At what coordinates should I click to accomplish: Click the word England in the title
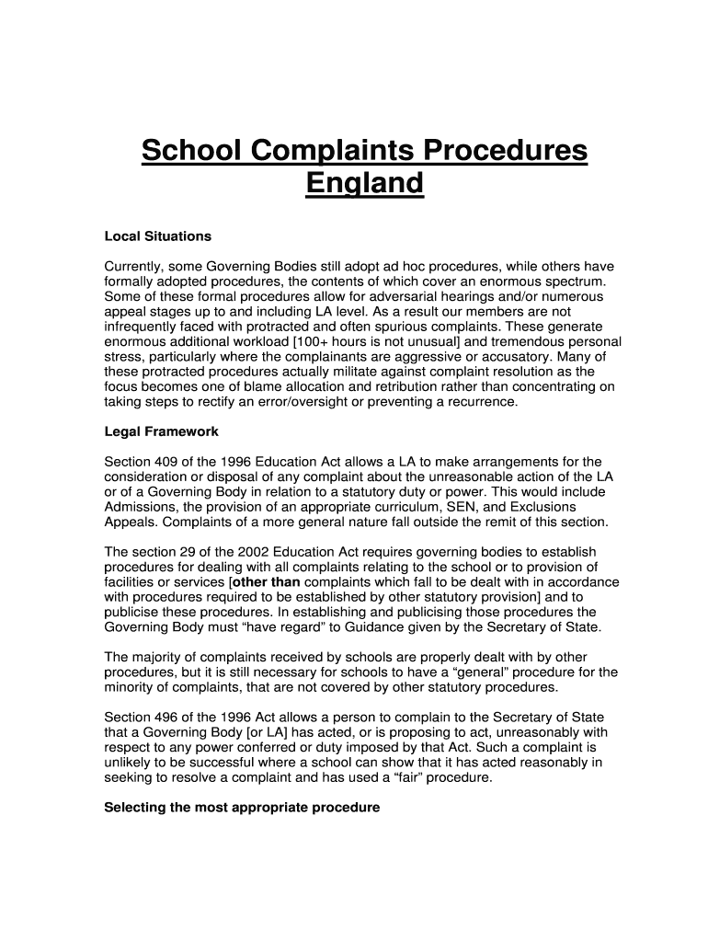(364, 184)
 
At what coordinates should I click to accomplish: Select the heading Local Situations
(158, 236)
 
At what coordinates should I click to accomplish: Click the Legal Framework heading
(162, 431)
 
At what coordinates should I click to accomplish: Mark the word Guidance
(393, 627)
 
